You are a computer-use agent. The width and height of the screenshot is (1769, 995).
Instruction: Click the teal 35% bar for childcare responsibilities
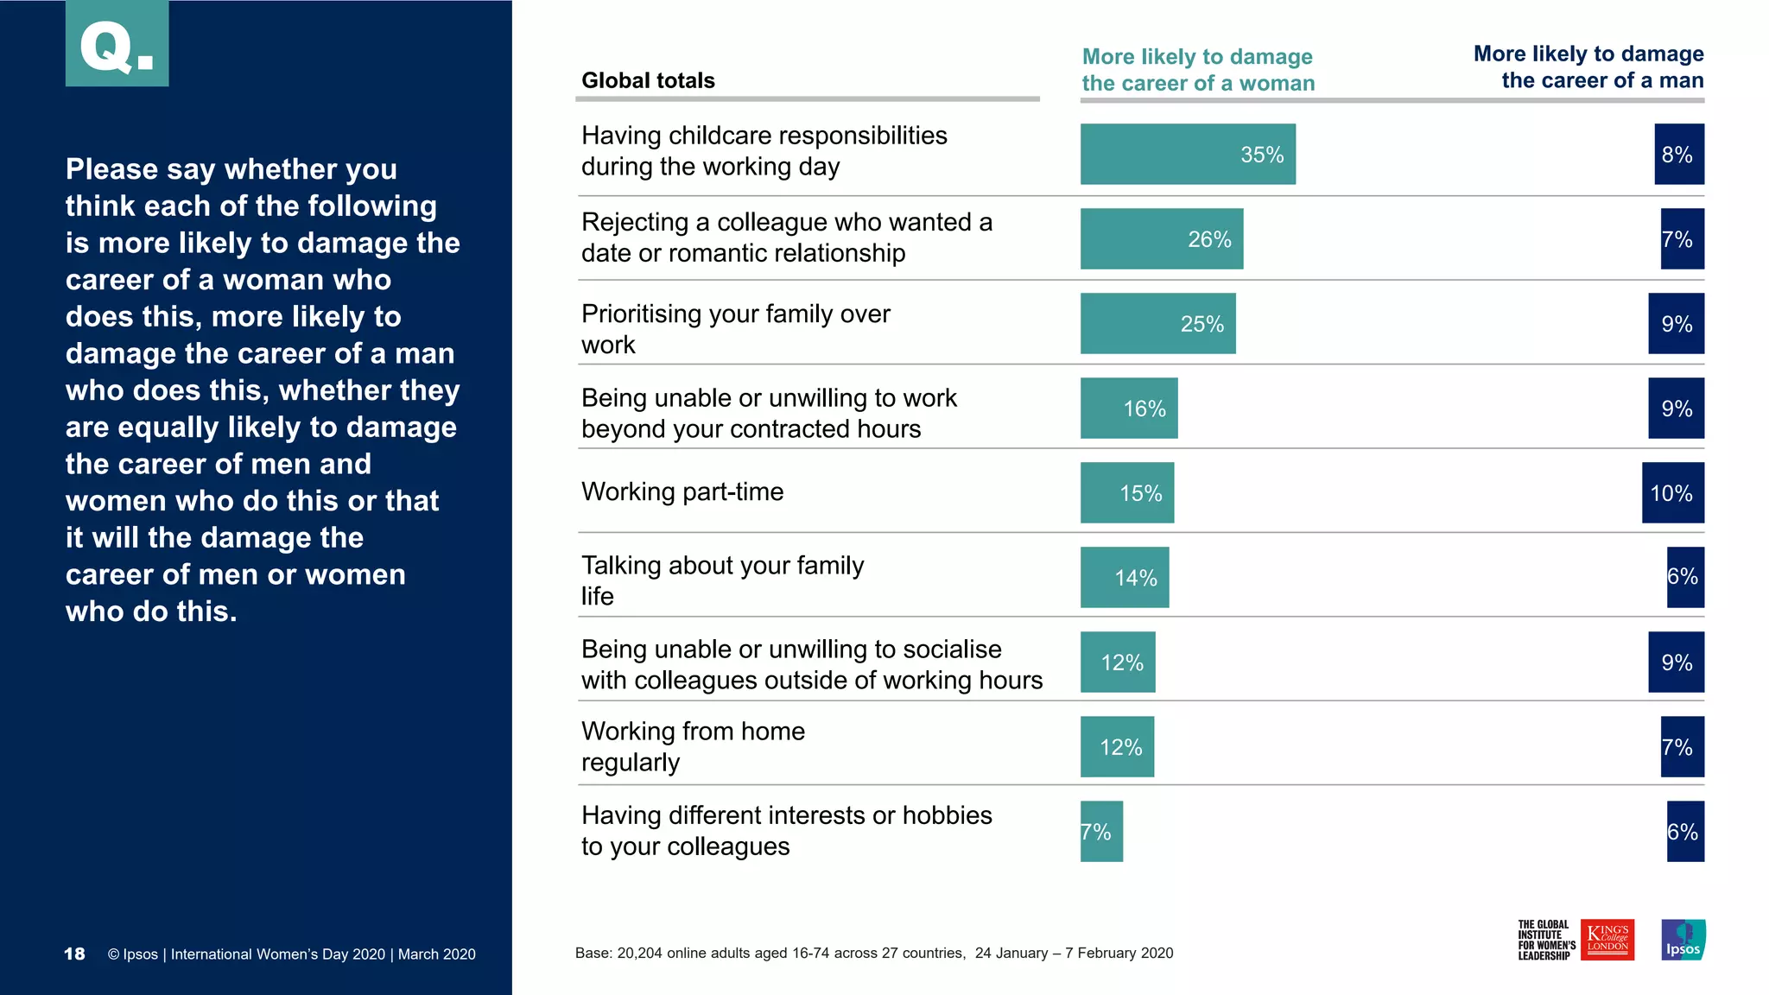point(1187,154)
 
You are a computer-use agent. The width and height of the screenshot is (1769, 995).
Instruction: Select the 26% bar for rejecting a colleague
point(1161,238)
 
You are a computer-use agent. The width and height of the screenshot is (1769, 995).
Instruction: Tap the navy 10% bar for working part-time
point(1672,492)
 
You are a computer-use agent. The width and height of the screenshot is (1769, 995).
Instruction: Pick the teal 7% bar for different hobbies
point(1101,831)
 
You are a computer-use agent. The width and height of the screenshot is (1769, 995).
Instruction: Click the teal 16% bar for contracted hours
point(1128,408)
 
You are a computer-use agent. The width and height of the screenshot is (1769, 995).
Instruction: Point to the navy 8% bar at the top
point(1678,154)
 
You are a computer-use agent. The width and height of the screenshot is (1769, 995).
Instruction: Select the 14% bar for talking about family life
point(1124,577)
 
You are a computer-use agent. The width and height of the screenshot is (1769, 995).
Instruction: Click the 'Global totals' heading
point(648,80)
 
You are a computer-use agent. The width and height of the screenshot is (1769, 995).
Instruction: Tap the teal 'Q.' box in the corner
point(117,43)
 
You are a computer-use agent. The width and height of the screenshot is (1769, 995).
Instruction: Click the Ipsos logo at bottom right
point(1683,940)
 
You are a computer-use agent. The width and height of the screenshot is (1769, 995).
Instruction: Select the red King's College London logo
point(1607,940)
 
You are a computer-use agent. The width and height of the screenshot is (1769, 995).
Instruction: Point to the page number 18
point(74,954)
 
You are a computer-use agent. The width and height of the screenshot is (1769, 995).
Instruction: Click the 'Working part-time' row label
point(682,491)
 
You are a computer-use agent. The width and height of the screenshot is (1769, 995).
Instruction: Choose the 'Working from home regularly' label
point(693,746)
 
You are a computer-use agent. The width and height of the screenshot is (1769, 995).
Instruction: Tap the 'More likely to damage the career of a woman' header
point(1198,70)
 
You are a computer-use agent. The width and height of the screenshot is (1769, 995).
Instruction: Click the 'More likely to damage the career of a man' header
point(1588,67)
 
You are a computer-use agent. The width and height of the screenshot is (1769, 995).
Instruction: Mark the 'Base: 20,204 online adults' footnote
point(873,953)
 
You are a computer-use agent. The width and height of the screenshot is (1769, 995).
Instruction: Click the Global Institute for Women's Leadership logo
point(1545,940)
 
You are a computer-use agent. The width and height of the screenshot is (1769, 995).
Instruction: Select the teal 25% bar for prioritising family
point(1157,323)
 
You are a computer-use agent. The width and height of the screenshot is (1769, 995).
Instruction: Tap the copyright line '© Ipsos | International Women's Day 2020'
point(291,954)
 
